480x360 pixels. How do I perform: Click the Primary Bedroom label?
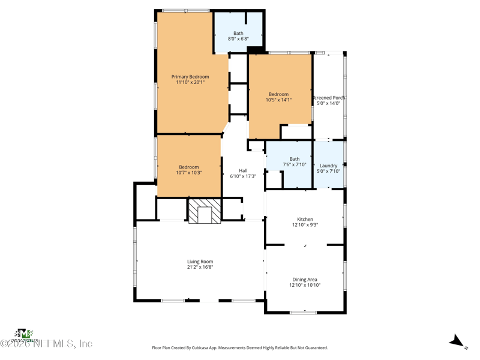pos(190,77)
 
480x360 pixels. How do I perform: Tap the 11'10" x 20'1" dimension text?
pos(190,83)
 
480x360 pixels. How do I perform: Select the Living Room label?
pos(200,262)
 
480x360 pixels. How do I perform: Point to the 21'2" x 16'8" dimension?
pos(200,268)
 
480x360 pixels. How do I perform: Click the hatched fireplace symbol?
pos(205,211)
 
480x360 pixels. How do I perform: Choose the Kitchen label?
pos(305,220)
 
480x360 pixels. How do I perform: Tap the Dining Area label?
pos(305,280)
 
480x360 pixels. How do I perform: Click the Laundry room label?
pos(328,166)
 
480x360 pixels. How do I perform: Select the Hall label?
pos(243,170)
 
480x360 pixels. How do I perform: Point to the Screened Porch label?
pos(329,98)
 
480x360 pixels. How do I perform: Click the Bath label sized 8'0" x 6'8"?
pos(238,34)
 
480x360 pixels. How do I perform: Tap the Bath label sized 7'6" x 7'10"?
pos(295,159)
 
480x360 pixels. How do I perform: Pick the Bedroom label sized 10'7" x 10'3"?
pos(189,167)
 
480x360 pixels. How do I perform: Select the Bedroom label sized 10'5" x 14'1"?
pos(278,94)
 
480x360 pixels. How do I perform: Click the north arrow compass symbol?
pos(458,341)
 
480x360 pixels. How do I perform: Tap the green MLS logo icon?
pos(23,334)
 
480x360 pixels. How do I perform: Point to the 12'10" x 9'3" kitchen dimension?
pos(305,226)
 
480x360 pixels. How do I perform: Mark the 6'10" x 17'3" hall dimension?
pos(243,176)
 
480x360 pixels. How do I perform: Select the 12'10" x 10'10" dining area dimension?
pos(305,286)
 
